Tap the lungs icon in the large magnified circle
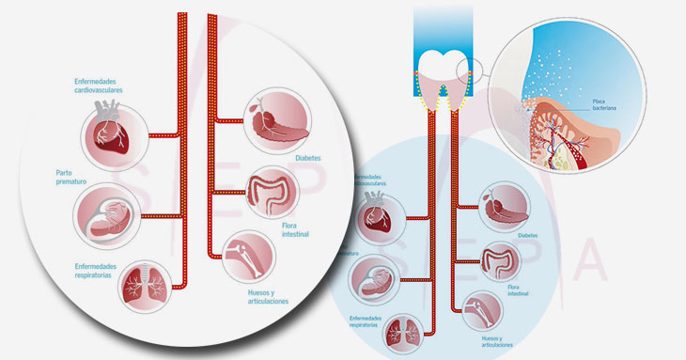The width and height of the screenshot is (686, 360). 144,284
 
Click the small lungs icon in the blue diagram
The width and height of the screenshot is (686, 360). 406,335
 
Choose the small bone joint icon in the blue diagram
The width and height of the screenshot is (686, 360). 479,308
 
